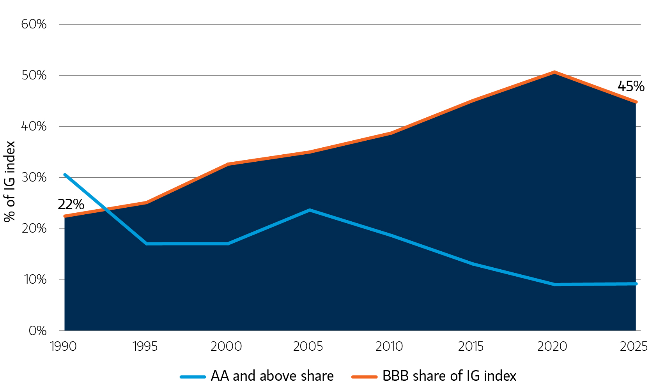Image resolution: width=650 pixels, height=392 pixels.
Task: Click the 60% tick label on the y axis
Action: (34, 25)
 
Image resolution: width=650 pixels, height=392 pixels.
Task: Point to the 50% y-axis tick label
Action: (34, 75)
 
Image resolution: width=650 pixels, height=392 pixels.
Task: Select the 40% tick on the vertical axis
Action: (34, 126)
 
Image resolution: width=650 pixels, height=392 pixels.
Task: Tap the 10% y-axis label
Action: (35, 279)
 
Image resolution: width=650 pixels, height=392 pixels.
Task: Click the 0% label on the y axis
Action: (37, 330)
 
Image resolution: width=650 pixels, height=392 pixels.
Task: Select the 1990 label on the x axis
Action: (63, 346)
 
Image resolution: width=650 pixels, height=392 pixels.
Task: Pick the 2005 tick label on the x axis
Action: (308, 346)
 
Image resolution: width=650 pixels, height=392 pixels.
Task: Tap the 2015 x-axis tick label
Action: (471, 346)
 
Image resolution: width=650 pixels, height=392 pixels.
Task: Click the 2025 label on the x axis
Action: (634, 346)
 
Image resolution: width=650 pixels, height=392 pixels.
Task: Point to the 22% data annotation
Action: (71, 205)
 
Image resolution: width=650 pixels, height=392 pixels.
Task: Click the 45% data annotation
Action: (631, 86)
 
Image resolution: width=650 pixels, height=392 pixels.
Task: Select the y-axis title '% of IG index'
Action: (9, 182)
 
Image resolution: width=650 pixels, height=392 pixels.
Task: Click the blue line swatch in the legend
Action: (193, 377)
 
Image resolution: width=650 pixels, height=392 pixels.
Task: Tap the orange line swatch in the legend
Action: (365, 377)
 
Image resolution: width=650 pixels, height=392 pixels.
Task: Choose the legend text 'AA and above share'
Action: (272, 376)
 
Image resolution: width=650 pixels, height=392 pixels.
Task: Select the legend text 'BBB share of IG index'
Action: (450, 376)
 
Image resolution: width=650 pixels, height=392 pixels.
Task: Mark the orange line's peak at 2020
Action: (554, 72)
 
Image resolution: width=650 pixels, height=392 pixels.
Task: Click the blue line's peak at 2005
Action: (310, 210)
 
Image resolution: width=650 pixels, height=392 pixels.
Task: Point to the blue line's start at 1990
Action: (65, 175)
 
